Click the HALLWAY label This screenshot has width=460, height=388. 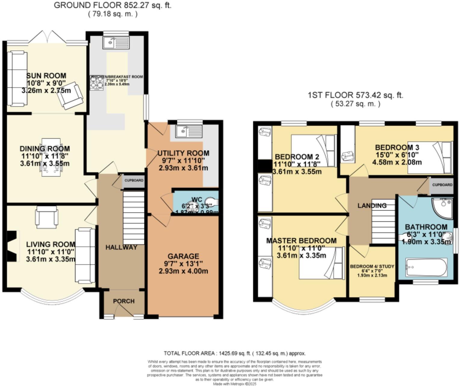tap(121, 247)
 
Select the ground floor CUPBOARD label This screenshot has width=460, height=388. tap(134, 181)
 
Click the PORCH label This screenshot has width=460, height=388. tap(124, 301)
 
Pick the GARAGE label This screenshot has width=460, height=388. tap(183, 256)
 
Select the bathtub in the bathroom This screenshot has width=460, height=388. tap(426, 267)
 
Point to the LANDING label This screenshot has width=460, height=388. tap(372, 206)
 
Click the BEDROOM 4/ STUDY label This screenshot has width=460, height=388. tap(372, 267)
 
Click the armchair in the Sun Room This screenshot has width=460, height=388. tap(71, 95)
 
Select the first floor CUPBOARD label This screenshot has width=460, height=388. tap(442, 185)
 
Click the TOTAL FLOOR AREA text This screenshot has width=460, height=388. tap(235, 353)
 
